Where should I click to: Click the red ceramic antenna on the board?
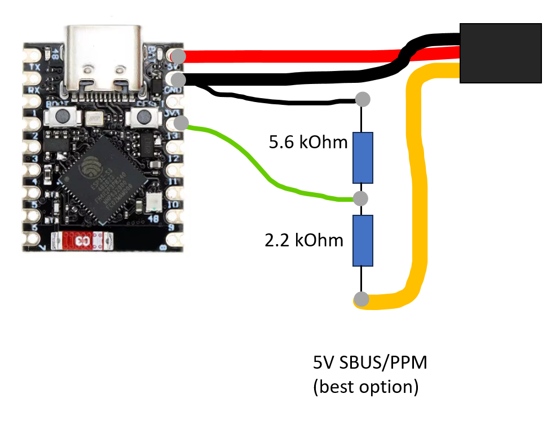(78, 241)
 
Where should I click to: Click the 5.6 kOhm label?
(308, 143)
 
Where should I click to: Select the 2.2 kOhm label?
(304, 241)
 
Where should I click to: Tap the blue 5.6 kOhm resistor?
(363, 158)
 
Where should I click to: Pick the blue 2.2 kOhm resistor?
(363, 240)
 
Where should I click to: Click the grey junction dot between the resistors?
(360, 198)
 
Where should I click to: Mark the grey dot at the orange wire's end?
(361, 299)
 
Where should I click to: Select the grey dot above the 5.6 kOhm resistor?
(363, 100)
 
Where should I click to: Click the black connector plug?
(500, 54)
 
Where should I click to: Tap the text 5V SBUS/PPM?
(369, 363)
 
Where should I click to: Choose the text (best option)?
(365, 388)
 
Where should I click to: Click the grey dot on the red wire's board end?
(178, 56)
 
